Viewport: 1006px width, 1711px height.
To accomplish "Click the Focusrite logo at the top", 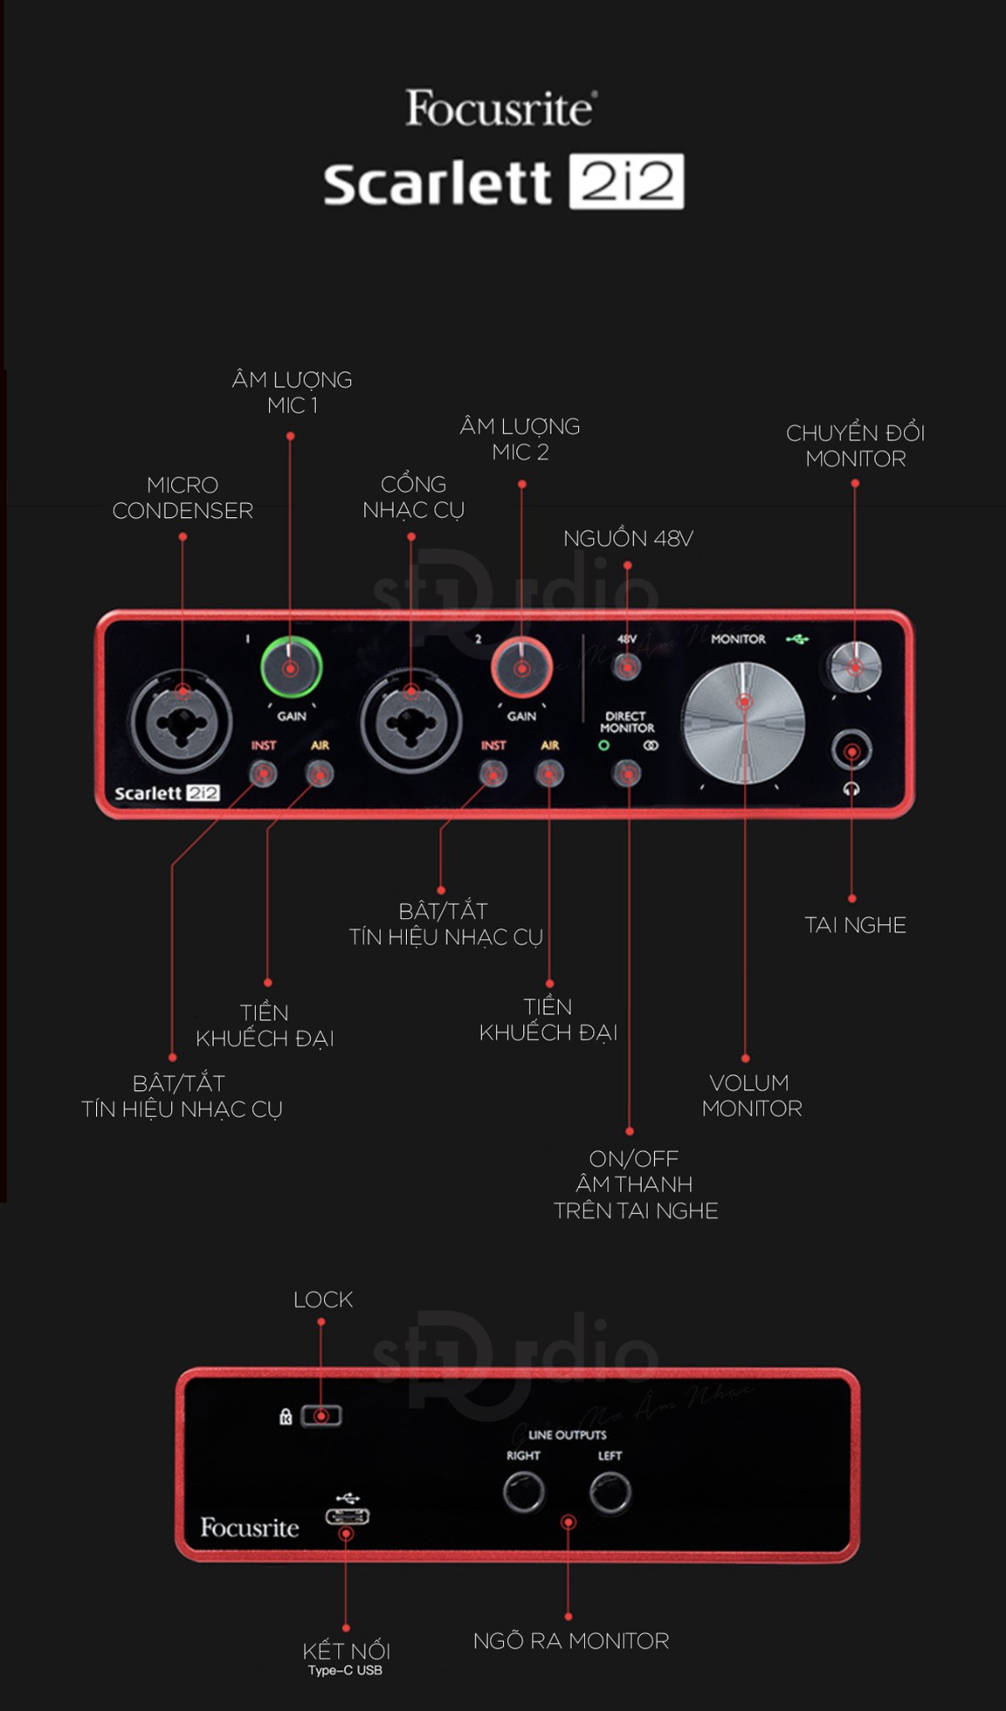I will coord(500,109).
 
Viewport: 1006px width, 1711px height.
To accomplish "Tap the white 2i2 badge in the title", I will coord(626,181).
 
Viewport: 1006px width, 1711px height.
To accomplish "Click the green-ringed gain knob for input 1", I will coord(291,668).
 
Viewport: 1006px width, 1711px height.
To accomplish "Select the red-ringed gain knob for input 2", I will coord(521,668).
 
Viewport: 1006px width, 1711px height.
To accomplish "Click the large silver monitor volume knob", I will coord(744,723).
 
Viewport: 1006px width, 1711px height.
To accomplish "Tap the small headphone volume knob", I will coord(854,667).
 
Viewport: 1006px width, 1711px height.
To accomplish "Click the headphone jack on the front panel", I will coord(851,750).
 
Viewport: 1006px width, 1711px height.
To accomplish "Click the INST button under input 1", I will coord(263,774).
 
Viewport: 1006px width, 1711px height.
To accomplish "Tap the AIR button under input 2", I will coord(549,774).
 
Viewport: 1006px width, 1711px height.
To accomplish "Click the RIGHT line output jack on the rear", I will coord(524,1492).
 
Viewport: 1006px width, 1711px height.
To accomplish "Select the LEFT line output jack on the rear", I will coord(610,1492).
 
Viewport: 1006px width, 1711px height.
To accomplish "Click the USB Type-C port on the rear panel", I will coord(347,1516).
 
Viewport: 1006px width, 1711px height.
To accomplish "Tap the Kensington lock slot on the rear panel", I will coord(322,1416).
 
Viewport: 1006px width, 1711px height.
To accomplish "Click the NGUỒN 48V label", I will coord(627,539).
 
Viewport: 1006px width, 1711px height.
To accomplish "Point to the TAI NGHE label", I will coord(855,925).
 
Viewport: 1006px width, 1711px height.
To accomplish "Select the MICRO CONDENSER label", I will coord(182,497).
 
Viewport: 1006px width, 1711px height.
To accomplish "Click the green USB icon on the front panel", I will coord(797,639).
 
